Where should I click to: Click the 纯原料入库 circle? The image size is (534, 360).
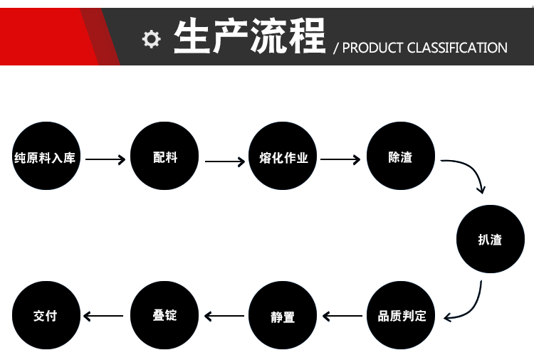pos(45,157)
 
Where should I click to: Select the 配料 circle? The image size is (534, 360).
pos(165,157)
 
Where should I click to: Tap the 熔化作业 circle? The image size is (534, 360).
pos(283,157)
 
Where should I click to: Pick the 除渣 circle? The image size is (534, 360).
pos(400,157)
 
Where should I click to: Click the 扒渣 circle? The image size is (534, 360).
pos(490,239)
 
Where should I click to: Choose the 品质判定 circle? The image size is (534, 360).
pos(402,315)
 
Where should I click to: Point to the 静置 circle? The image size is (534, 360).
pos(283,315)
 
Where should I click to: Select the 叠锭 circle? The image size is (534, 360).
pos(165,315)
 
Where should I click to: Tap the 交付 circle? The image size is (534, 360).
pos(46,315)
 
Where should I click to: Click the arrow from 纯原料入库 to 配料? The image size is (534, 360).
pos(105,159)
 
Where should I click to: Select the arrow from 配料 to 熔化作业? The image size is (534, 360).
pos(224,162)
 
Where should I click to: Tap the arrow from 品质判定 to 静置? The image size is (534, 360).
pos(342,315)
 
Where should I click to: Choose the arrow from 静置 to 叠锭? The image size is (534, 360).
pos(224,315)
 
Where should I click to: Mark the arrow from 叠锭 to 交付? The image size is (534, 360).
pos(104,315)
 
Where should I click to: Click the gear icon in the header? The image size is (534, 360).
pos(151,39)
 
